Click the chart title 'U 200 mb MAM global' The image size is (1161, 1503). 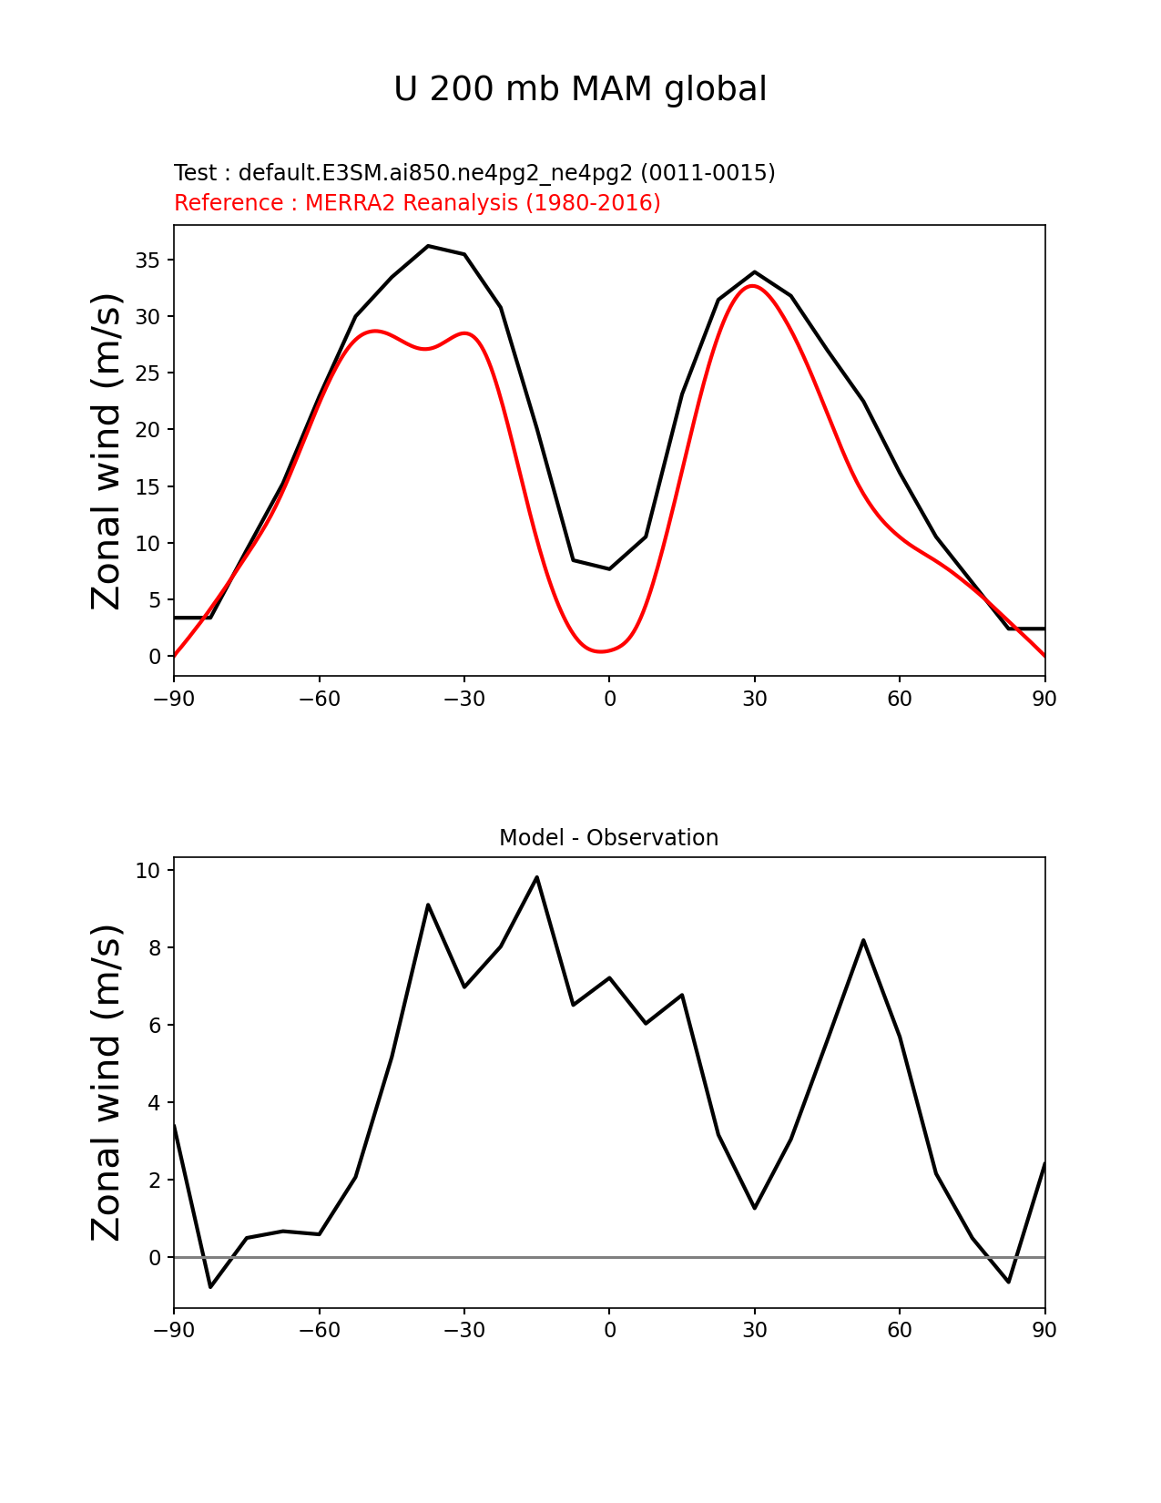point(580,89)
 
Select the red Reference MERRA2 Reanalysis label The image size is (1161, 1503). point(417,203)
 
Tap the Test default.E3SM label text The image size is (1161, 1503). point(474,173)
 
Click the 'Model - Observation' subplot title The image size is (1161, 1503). point(608,838)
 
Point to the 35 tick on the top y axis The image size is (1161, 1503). point(148,261)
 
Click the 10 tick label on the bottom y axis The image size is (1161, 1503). point(148,871)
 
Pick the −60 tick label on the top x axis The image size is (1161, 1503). point(319,699)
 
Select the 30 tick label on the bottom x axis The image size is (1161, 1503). point(754,1330)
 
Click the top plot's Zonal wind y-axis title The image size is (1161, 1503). point(107,451)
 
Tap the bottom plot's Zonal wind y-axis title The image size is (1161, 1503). point(107,1082)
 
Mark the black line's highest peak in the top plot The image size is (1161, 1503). point(428,246)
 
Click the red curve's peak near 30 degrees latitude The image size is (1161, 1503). point(754,286)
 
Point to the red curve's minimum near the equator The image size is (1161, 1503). point(601,651)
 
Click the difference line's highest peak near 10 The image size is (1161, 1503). point(536,877)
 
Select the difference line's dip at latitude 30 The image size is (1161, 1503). point(755,1208)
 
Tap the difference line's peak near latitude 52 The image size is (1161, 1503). point(863,940)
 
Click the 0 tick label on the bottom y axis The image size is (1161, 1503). point(155,1258)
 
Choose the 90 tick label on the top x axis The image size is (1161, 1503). point(1044,699)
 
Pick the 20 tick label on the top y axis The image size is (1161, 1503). point(148,430)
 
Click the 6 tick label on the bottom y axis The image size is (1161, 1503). point(155,1026)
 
